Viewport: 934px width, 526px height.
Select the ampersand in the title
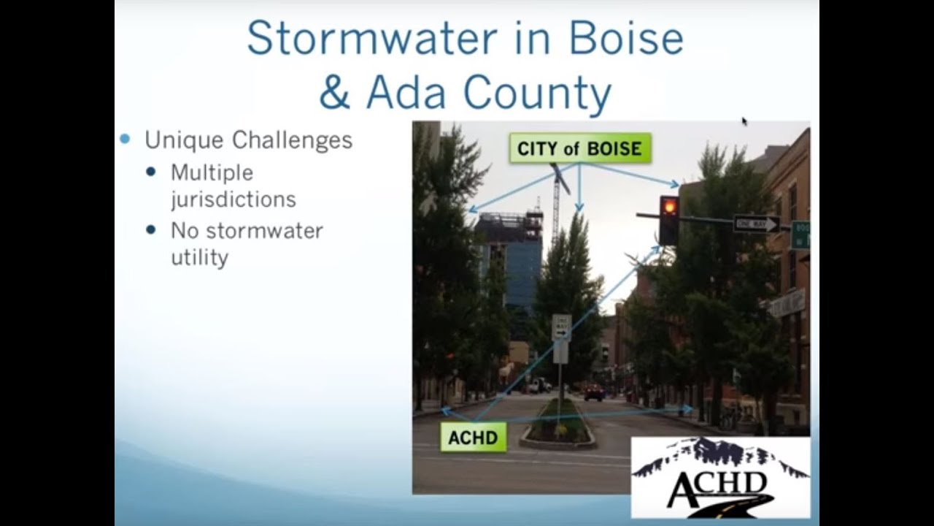(334, 94)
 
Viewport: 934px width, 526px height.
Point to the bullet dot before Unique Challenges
(125, 139)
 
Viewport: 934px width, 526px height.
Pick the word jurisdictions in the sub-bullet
(233, 199)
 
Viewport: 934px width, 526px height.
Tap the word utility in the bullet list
(199, 257)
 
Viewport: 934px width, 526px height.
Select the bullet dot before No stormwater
(151, 230)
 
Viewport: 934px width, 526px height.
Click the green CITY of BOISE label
(579, 148)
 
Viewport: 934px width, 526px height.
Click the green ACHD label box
(473, 438)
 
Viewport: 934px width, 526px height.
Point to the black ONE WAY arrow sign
(756, 224)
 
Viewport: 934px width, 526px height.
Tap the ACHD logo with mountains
(719, 476)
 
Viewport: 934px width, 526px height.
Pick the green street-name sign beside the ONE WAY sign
(800, 235)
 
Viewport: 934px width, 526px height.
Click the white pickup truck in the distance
(539, 385)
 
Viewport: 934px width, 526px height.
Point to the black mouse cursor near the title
(744, 121)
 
